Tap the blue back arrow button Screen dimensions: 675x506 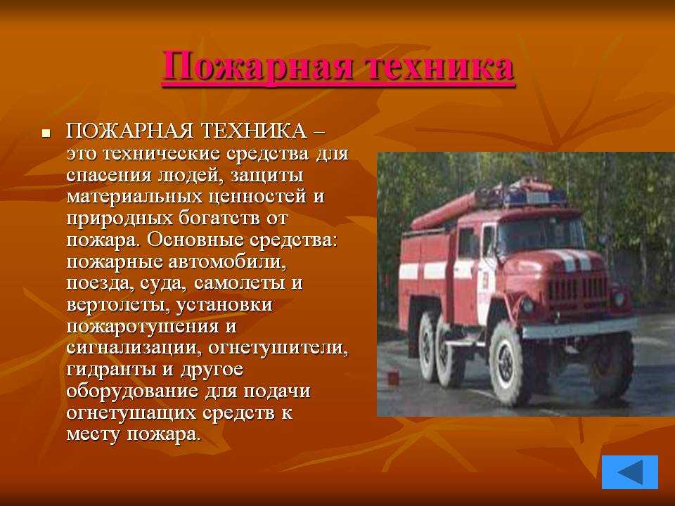tap(630, 472)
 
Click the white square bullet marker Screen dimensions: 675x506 tap(46, 134)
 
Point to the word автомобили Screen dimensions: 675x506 tap(227, 261)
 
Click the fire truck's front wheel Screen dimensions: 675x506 tap(508, 364)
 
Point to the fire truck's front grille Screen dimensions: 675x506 tap(579, 287)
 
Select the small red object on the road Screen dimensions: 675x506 tap(392, 378)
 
